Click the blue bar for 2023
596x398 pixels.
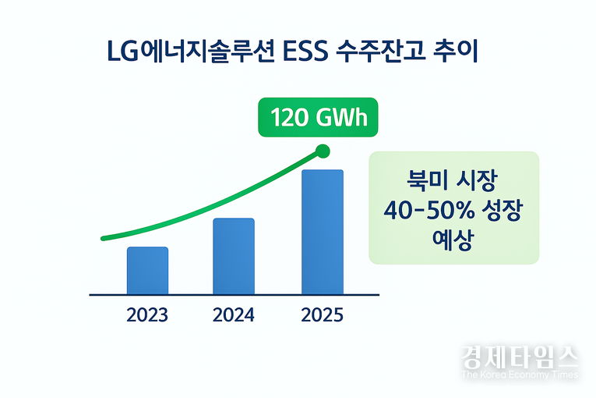click(x=147, y=270)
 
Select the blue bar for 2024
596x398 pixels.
click(x=234, y=256)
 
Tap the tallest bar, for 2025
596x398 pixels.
click(x=322, y=232)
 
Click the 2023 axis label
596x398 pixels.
click(x=146, y=316)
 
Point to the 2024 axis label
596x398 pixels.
click(x=233, y=316)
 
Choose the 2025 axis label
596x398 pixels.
click(x=321, y=316)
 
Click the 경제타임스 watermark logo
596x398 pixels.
click(x=520, y=358)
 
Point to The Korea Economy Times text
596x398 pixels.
click(x=520, y=375)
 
